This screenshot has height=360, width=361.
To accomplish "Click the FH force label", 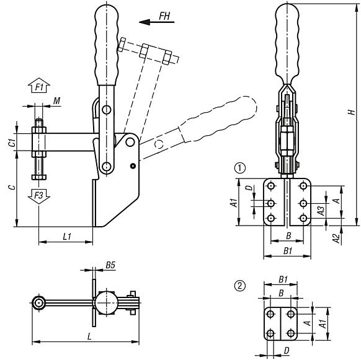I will pos(165,15).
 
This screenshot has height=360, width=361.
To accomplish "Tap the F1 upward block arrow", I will pos(38,87).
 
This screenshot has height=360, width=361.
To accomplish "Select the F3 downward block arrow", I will pos(38,195).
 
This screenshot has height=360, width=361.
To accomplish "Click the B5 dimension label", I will pos(110,265).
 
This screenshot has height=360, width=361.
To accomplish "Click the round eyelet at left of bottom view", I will pos(40,303).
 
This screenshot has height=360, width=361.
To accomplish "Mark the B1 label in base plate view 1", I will pos(287,251).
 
